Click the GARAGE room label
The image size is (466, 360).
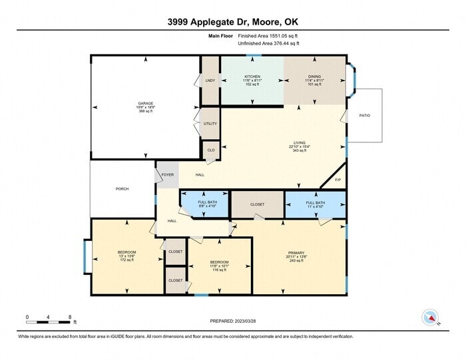tap(145, 103)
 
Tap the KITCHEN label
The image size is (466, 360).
tap(252, 77)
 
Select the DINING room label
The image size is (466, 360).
tap(314, 77)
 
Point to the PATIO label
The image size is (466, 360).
tap(364, 116)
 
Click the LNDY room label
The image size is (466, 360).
tap(210, 81)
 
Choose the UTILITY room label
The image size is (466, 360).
tap(210, 124)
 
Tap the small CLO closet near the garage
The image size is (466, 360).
tap(210, 150)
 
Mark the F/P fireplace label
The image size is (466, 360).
tap(338, 180)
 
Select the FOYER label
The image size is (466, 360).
tap(168, 175)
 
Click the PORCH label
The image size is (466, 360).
tap(122, 189)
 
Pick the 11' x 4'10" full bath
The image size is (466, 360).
tap(315, 202)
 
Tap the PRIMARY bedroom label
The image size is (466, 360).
tap(296, 253)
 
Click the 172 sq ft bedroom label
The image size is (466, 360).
tap(126, 252)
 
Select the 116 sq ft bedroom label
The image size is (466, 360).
tap(219, 262)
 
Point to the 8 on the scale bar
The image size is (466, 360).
tap(70, 317)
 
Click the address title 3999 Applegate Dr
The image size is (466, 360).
tap(232, 21)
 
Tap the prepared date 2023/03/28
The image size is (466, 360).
tap(232, 320)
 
